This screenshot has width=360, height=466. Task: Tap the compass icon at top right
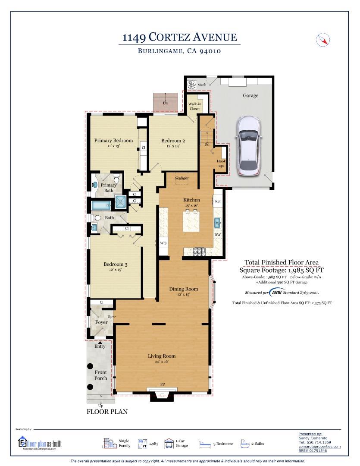pos(323,40)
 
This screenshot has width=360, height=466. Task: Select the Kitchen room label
pos(191,200)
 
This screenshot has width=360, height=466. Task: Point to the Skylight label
pos(182,178)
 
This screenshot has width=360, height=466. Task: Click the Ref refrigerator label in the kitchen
pos(218,202)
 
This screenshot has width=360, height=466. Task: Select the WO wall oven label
pos(163,243)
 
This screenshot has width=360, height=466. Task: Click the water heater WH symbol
pos(192,85)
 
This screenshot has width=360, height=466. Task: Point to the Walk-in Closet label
pos(194,107)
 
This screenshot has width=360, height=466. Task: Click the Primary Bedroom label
pos(113,140)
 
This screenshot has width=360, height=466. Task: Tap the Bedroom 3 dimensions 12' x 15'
pos(115,270)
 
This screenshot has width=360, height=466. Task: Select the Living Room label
pos(162,356)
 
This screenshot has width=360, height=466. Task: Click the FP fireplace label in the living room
pos(163,384)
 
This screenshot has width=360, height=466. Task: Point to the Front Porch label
pos(100,375)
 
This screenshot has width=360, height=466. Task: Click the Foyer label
pos(101,322)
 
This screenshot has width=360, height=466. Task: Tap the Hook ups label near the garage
pos(221,164)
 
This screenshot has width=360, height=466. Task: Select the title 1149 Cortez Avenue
pos(179,38)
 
